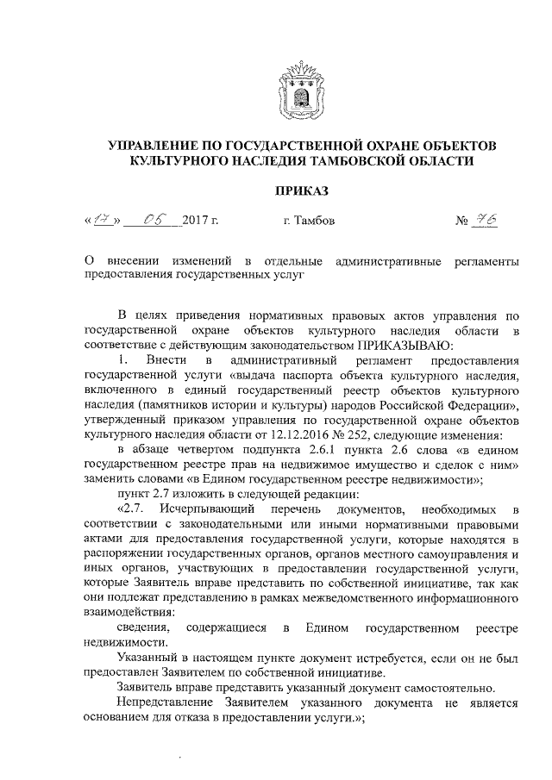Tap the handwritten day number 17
[x=102, y=221]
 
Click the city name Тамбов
[x=310, y=222]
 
